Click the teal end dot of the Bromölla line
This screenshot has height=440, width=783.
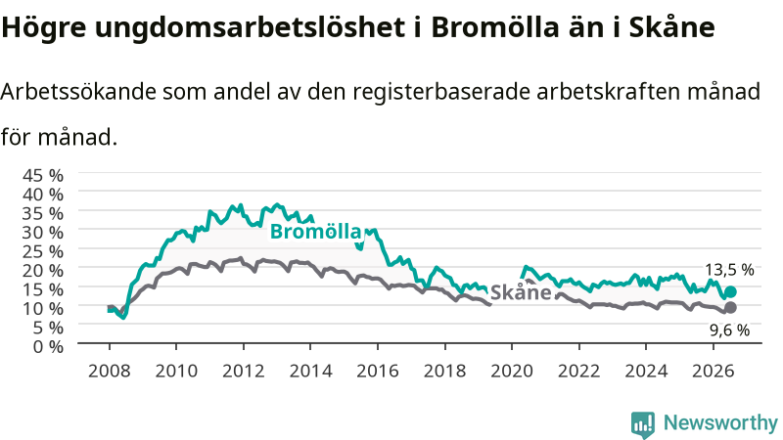pyautogui.click(x=730, y=291)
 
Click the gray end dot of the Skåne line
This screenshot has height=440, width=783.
pyautogui.click(x=730, y=307)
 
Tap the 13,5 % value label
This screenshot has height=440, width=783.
pyautogui.click(x=729, y=270)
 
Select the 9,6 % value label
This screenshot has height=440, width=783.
pyautogui.click(x=729, y=330)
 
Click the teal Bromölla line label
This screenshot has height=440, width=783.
pyautogui.click(x=315, y=232)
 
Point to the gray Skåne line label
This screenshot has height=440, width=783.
pyautogui.click(x=521, y=291)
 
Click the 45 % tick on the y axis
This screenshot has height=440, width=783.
pyautogui.click(x=43, y=176)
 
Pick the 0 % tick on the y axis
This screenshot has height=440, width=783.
pyautogui.click(x=48, y=346)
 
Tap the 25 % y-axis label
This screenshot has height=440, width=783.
pyautogui.click(x=43, y=251)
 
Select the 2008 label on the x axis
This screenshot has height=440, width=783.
pyautogui.click(x=110, y=372)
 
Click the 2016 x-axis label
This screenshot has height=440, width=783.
pyautogui.click(x=378, y=372)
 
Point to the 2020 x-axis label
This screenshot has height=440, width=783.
pyautogui.click(x=512, y=372)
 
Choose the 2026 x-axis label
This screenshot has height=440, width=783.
pyautogui.click(x=714, y=372)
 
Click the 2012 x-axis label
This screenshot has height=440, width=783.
pyautogui.click(x=243, y=372)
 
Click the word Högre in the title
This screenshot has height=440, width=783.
pyautogui.click(x=44, y=28)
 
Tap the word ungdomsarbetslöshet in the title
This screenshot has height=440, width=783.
pyautogui.click(x=251, y=28)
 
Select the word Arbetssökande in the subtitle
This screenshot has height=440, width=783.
pyautogui.click(x=78, y=92)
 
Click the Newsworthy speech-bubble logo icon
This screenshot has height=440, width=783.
pyautogui.click(x=643, y=424)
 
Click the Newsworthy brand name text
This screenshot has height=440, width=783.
pyautogui.click(x=720, y=423)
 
